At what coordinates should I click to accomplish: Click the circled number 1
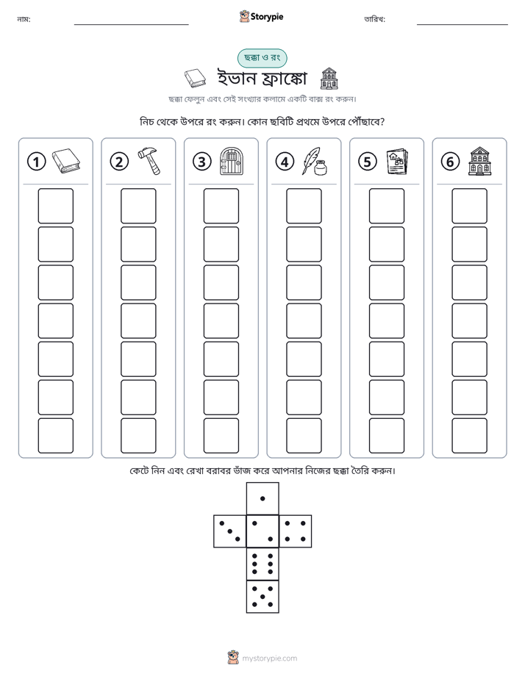coord(36,162)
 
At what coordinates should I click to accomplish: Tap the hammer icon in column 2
coord(149,161)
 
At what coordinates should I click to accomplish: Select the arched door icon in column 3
coord(232,161)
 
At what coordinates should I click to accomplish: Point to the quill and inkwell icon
coord(315,161)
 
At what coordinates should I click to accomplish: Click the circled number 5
coord(368,162)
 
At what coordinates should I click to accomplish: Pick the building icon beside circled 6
coord(480,161)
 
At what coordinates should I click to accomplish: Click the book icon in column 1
coord(66,161)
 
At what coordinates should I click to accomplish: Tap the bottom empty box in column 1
coord(55,436)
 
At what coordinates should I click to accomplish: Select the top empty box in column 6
coord(469,206)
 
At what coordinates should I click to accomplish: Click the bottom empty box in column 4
coord(304,436)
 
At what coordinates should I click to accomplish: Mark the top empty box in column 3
coord(221,206)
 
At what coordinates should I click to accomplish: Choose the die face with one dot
coord(262,498)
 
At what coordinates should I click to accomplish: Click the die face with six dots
coord(262,564)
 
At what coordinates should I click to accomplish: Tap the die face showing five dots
coord(262,597)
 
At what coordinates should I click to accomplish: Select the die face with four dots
coord(296,531)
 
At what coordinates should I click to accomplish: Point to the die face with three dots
coord(230,531)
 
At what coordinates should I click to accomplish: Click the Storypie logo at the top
coord(261,17)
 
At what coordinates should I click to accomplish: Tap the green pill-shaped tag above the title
coord(262,58)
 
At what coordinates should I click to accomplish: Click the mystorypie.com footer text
coord(269,658)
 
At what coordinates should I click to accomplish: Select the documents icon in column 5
coord(398,162)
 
